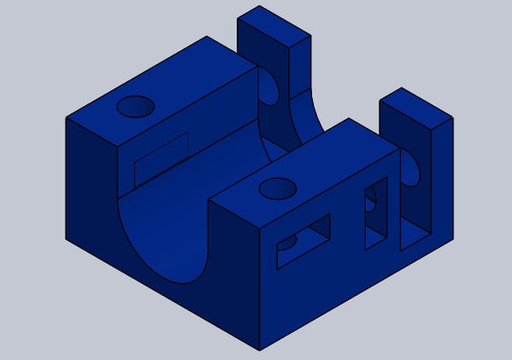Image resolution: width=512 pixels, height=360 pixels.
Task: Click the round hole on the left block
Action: [136, 107]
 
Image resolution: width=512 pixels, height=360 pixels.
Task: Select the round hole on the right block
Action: [277, 188]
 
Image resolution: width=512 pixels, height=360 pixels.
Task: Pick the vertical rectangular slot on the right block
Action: [376, 213]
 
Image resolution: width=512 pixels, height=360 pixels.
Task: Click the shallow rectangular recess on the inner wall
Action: [161, 155]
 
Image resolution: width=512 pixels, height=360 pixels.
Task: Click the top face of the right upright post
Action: [415, 106]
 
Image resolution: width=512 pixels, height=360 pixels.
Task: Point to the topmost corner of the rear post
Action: [261, 7]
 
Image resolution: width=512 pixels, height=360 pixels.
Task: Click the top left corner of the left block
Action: [67, 117]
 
